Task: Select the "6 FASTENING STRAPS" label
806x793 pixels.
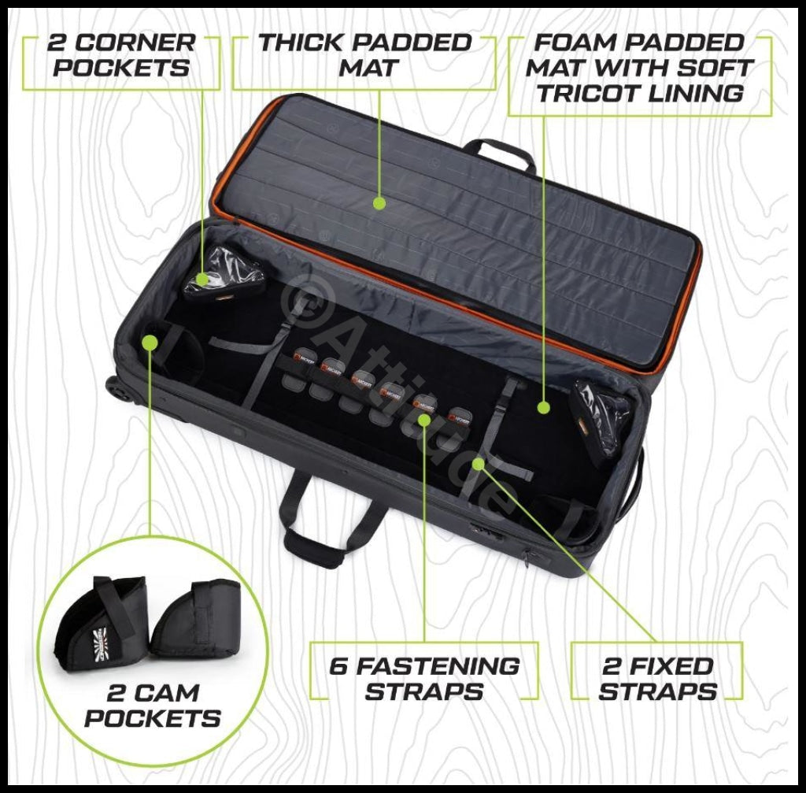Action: tap(423, 679)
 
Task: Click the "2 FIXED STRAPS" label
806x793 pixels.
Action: tap(657, 679)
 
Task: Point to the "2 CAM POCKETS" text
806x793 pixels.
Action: tap(153, 706)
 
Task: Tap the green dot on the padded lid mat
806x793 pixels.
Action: tap(379, 203)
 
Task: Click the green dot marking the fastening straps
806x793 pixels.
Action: tap(424, 420)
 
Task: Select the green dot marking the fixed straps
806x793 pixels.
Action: tap(478, 465)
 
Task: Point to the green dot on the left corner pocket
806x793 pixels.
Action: tap(202, 279)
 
